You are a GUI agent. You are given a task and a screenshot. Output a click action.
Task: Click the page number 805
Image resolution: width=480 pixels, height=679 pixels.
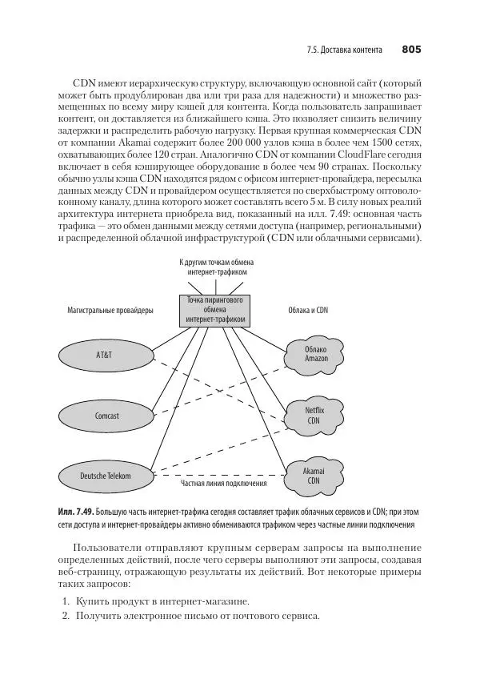411,50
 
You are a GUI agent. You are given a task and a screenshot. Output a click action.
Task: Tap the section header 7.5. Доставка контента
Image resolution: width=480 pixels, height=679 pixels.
344,50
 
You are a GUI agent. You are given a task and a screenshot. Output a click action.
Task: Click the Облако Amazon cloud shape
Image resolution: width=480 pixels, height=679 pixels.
316,354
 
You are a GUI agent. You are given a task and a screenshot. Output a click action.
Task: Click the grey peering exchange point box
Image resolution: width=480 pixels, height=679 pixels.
212,310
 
